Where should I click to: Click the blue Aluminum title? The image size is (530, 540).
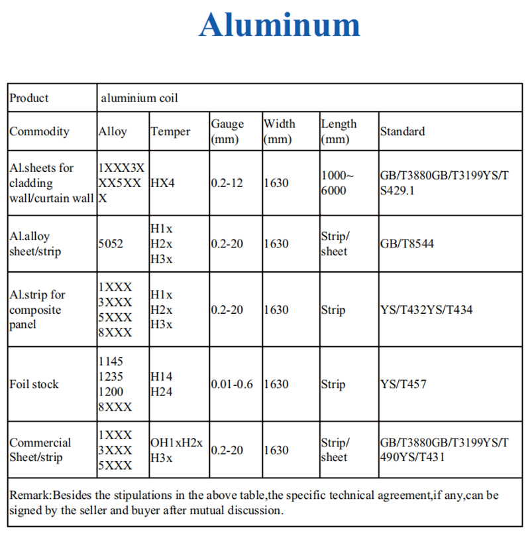[280, 25]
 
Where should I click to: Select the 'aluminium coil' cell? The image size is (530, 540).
[139, 98]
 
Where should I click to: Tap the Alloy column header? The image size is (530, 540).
[113, 131]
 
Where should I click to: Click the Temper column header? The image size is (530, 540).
[170, 131]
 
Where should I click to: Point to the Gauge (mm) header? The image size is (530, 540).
[227, 131]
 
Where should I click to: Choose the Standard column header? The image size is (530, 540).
[403, 131]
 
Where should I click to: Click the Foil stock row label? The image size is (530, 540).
[34, 384]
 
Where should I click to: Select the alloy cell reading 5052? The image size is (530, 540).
[111, 243]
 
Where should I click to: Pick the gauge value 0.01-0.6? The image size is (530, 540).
[232, 384]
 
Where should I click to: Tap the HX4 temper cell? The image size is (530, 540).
[163, 183]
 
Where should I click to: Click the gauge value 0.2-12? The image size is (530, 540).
[227, 183]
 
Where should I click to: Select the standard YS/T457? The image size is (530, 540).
[403, 384]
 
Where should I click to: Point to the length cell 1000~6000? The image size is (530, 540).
[338, 183]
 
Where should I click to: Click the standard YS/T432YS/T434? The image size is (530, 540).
[426, 310]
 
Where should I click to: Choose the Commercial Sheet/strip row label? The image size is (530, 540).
[40, 450]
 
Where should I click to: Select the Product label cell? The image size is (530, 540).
[29, 98]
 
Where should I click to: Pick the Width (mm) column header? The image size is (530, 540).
[279, 131]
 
